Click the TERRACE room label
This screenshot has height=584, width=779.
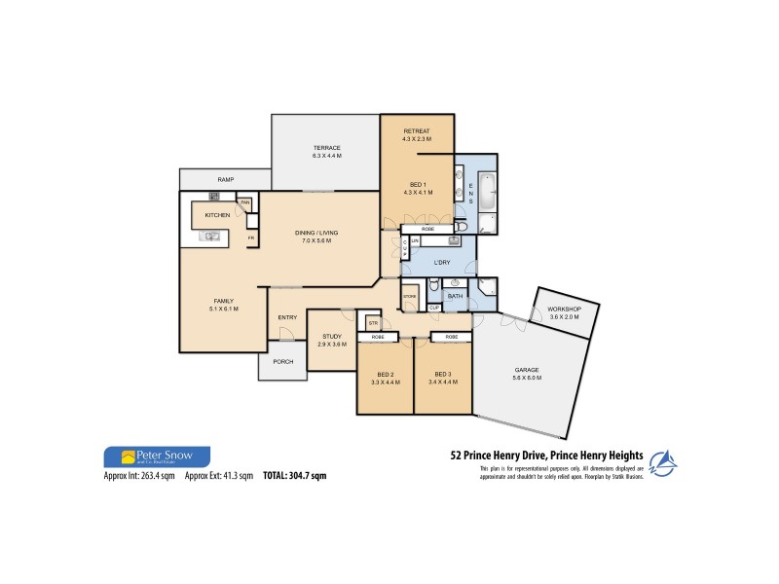326,148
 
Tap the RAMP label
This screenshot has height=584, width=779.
225,180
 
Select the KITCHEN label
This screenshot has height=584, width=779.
216,214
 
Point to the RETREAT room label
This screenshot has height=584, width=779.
416,131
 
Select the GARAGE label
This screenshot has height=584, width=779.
527,370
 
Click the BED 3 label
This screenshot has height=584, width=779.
443,375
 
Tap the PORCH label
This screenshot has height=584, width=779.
282,362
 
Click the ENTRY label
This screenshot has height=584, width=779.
287,317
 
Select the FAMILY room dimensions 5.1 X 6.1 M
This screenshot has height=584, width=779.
223,309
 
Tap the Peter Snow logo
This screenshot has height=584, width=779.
156,456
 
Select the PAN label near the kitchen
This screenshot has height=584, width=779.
246,202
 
